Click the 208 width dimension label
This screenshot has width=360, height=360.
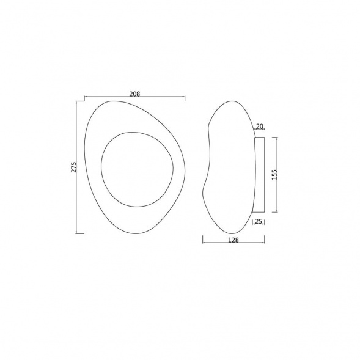[x=134, y=94]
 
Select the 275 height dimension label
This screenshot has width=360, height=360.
[x=74, y=167]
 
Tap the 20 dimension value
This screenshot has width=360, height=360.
[x=259, y=127]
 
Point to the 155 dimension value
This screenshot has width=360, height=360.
[x=274, y=174]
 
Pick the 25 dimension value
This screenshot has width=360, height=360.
[x=259, y=221]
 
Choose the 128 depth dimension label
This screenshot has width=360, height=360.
[x=233, y=240]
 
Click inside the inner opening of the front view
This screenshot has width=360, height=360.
[x=137, y=169]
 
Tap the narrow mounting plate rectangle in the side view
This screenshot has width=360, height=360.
[x=259, y=174]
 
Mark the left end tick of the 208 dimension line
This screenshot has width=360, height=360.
[x=85, y=98]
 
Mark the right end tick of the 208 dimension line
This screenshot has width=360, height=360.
[x=185, y=98]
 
